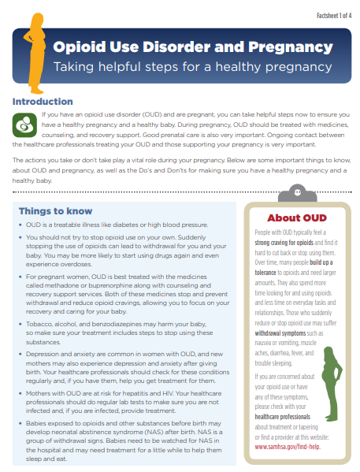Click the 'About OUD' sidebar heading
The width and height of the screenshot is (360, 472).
coord(296,218)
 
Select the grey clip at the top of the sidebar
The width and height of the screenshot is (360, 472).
coord(297,191)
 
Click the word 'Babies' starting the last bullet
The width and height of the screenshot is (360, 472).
coord(37,424)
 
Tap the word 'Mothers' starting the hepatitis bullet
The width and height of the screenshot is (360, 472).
coord(40,391)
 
